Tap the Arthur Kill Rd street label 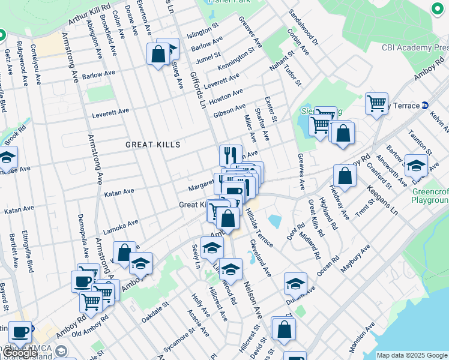tap(89, 13)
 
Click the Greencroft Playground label tap(430, 196)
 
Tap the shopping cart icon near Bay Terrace tap(377, 103)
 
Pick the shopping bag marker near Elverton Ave tap(158, 55)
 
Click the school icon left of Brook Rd tap(7, 158)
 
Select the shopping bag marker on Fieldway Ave tap(345, 176)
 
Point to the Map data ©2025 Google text tap(411, 355)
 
